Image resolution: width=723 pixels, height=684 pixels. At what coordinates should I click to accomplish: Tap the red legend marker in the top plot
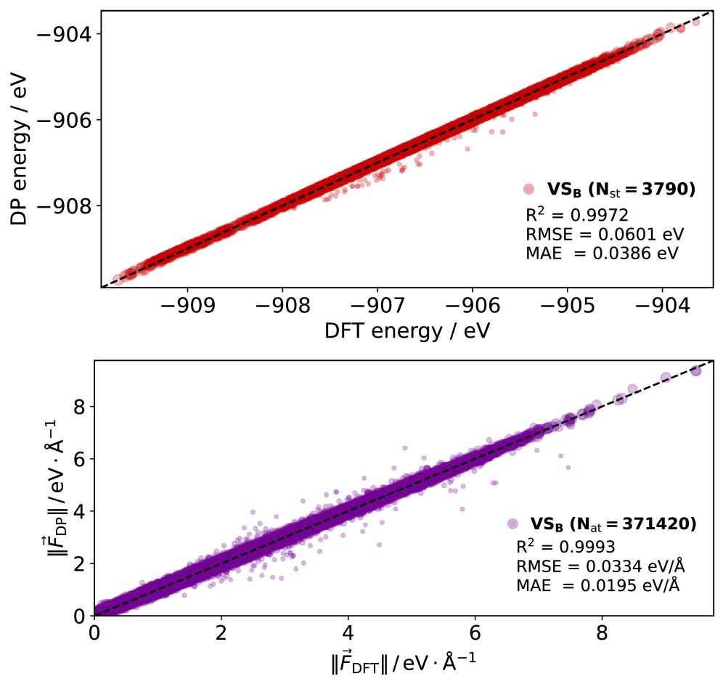coord(528,190)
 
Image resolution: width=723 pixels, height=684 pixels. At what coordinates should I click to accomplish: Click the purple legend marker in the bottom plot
coord(512,523)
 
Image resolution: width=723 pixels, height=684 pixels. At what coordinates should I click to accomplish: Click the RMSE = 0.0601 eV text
coord(605,235)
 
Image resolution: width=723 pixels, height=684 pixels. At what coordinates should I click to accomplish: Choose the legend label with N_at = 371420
coord(613,523)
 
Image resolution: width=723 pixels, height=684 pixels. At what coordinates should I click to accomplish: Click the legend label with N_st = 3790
coord(621,190)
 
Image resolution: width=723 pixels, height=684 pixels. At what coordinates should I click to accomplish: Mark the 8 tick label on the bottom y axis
coord(81,406)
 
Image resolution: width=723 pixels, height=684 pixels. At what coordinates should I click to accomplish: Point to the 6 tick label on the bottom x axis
coord(475,632)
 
